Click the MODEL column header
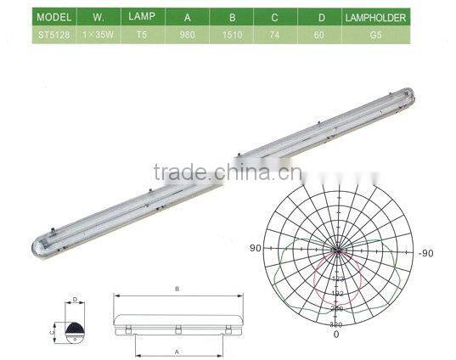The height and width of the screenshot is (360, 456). tap(29, 17)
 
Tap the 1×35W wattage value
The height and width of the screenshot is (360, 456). tap(91, 36)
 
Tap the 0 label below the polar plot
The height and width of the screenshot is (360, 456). tap(336, 334)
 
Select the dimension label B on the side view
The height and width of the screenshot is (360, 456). tap(177, 289)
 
